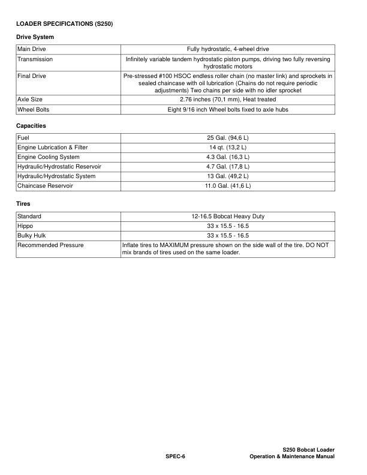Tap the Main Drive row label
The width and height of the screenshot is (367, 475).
(32, 49)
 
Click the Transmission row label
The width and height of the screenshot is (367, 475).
(35, 60)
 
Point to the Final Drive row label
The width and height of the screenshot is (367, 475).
(32, 77)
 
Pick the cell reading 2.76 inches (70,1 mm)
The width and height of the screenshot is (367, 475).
(227, 99)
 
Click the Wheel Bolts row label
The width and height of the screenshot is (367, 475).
(34, 110)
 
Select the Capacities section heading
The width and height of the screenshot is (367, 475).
(31, 126)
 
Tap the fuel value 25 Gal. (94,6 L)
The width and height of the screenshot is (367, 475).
(227, 138)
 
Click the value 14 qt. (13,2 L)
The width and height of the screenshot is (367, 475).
(227, 148)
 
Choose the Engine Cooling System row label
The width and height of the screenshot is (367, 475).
(49, 157)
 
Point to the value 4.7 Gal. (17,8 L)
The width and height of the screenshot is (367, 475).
(227, 167)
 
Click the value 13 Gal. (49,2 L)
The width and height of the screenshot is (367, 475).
(227, 176)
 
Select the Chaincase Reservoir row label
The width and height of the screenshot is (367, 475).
(45, 186)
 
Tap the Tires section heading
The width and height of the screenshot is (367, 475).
(24, 204)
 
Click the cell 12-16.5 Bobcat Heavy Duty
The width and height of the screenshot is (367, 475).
(227, 216)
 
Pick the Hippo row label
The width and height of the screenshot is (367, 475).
(26, 226)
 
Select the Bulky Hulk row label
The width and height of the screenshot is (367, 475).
(32, 235)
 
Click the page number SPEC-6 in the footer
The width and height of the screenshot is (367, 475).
(175, 457)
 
